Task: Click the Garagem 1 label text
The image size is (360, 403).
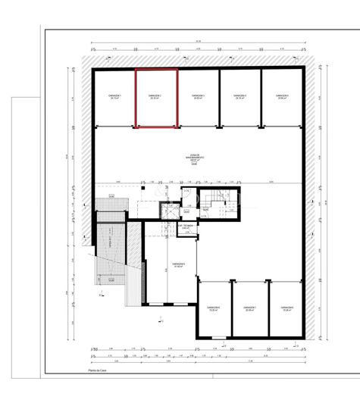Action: coord(115,97)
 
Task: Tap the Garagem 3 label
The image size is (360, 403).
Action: coord(199,97)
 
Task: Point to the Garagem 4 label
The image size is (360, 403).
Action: coord(241,97)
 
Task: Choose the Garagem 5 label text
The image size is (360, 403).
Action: coord(283,97)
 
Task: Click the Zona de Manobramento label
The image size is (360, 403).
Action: coord(195,159)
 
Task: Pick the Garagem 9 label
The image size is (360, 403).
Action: coord(179,264)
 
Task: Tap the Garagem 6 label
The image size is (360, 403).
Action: coord(214,308)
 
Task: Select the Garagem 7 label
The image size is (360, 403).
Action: coord(250,308)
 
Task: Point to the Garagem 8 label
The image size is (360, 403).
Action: coord(286,308)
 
